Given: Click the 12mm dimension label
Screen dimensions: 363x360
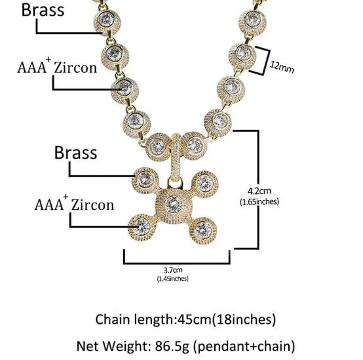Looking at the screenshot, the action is point(282,68).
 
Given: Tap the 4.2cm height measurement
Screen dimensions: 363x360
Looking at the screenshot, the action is point(259,191).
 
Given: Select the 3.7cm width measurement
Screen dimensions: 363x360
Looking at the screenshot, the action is point(173,270).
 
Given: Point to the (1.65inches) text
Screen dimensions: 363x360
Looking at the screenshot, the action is point(259,201).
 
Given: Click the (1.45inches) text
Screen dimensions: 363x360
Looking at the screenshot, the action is point(173,279).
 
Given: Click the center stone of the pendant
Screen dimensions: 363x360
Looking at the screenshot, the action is point(174,204).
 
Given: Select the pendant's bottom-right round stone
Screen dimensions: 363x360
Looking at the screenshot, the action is point(203,230).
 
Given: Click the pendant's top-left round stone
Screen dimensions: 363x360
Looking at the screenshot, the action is point(145,180).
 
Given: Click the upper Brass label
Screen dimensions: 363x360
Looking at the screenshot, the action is point(43,10).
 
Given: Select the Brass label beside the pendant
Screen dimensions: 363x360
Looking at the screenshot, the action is point(76,153).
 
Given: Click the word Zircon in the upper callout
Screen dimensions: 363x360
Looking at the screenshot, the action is point(75,68).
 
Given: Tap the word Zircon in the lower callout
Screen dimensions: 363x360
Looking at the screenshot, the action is point(92,205).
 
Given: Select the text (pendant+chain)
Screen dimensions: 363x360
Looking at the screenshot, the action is point(244,346).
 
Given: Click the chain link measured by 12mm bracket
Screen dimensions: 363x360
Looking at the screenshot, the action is point(242,56).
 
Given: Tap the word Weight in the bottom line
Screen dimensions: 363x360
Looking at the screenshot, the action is point(126,346).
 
